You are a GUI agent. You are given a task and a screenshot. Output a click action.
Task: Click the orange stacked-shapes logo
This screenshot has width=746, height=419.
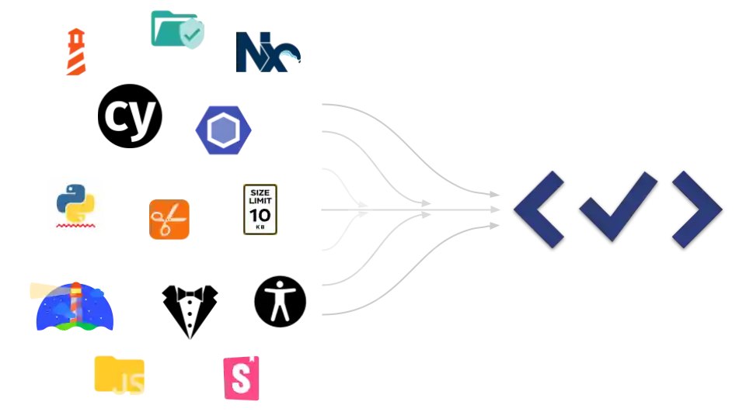75,51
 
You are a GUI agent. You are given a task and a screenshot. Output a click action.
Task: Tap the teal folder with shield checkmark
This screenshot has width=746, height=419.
177,30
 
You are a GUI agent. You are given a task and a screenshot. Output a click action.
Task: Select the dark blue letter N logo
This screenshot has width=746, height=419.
267,53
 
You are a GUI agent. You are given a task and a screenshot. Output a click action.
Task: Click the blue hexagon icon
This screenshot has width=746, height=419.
223,130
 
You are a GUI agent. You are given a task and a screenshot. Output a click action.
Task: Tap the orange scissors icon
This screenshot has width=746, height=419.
169,220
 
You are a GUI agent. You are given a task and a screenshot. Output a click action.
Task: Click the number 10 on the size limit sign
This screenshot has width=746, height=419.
260,214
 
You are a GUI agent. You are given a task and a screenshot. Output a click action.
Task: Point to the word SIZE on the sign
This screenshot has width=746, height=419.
260,191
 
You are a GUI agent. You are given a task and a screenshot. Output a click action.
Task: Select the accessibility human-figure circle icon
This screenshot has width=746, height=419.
281,300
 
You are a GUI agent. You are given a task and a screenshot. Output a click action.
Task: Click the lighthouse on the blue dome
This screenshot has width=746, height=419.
75,304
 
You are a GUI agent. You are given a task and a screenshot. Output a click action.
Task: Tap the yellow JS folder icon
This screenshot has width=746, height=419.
120,375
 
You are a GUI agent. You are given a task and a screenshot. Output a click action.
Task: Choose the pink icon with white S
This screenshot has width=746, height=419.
242,378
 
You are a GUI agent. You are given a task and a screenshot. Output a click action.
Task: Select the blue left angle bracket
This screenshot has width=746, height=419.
539,209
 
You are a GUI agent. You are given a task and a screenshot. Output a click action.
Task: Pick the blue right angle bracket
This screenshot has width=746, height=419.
696,209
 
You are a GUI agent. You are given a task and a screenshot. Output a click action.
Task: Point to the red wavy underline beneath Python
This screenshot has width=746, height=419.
75,227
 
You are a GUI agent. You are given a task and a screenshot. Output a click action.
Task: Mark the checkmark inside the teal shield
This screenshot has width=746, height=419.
191,33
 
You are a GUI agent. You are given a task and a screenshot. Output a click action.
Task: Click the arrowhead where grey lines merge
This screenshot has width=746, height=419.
420,208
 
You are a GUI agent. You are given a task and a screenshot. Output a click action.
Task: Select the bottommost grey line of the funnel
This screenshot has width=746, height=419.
342,312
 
